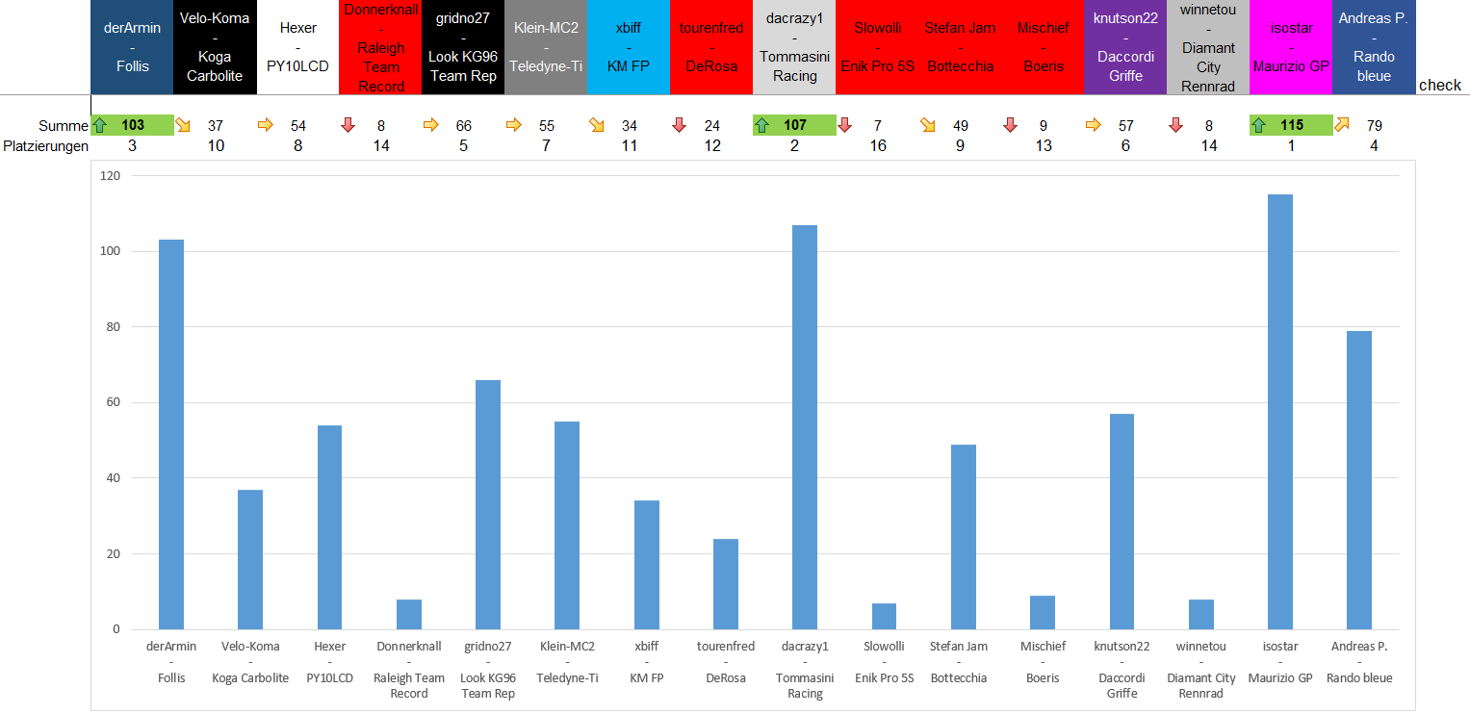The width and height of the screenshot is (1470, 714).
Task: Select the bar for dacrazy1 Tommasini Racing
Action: point(805,427)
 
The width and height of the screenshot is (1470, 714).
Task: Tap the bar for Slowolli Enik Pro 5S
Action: point(884,617)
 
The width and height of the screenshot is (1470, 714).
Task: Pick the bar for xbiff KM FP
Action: point(646,565)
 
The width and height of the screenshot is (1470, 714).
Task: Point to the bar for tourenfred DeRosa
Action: point(726,584)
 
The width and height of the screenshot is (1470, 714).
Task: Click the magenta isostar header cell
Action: point(1290,47)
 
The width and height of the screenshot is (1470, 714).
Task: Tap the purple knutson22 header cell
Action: point(1125,47)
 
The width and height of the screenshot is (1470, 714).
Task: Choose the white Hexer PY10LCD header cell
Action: point(297,47)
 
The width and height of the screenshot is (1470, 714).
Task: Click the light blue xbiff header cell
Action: point(628,47)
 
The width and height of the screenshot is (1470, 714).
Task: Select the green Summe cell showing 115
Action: point(1291,125)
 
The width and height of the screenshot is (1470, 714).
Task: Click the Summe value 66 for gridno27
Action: point(463,125)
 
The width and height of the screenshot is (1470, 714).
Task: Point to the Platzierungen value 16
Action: point(877,146)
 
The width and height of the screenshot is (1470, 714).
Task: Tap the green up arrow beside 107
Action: point(761,125)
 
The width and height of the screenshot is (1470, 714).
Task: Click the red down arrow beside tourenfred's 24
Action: point(679,125)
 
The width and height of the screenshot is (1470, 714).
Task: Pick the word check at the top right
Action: point(1439,85)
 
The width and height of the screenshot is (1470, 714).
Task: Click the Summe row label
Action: point(64,126)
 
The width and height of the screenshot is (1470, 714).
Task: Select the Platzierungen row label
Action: point(45,146)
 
